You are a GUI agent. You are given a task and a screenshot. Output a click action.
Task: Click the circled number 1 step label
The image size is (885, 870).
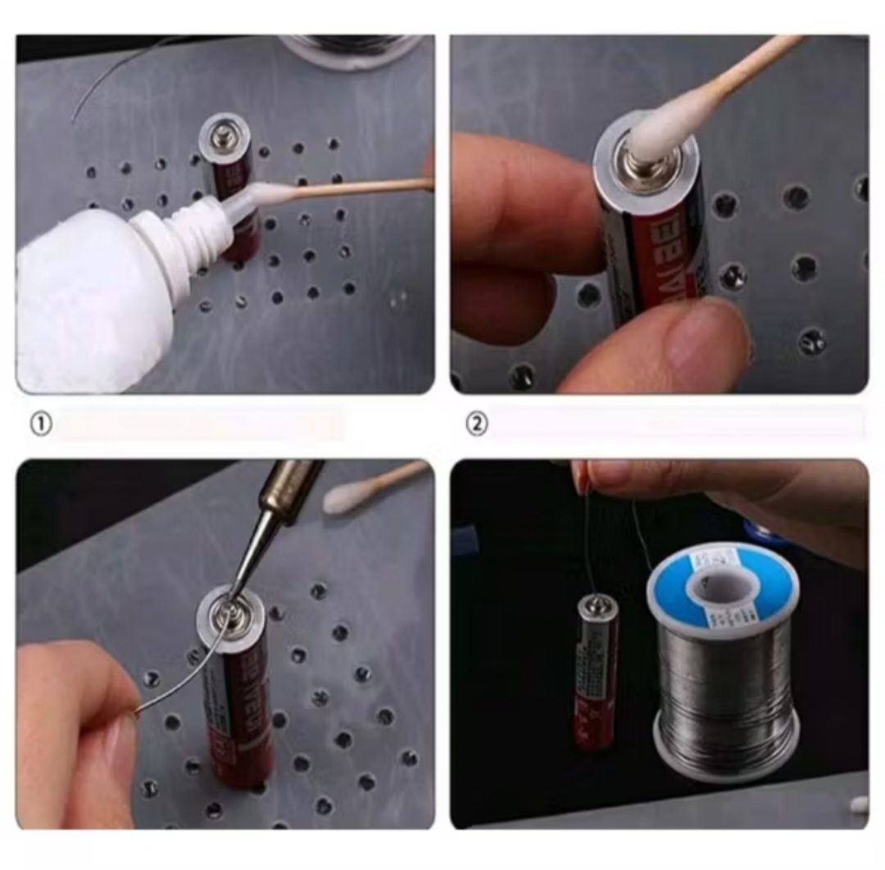click(41, 424)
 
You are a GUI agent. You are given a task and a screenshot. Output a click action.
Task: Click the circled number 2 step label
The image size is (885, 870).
click(476, 424)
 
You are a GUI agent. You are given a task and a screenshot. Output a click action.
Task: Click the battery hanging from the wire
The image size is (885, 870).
click(596, 672)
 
